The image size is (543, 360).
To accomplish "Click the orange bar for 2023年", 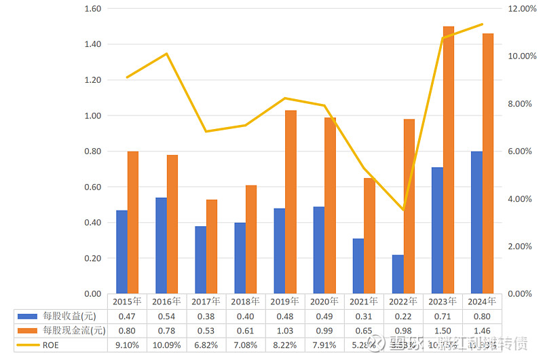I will tap(449, 160).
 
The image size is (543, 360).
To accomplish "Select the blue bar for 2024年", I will tap(477, 223).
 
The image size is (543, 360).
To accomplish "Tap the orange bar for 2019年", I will tap(291, 202).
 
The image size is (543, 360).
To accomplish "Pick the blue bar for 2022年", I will tap(398, 274).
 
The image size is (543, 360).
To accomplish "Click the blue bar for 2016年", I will tap(162, 246).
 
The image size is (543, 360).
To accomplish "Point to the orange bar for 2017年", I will tap(212, 247).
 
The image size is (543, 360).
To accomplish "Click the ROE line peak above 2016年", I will tap(167, 54).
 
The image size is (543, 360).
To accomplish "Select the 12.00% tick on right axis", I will tap(523, 9).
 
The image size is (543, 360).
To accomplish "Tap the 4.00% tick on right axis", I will tap(521, 199).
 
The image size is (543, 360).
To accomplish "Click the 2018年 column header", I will tap(246, 301).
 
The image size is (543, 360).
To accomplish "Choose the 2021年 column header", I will tap(364, 301).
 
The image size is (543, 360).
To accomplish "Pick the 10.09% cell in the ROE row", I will tap(167, 345).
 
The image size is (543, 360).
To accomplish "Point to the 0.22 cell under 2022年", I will tap(403, 316).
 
